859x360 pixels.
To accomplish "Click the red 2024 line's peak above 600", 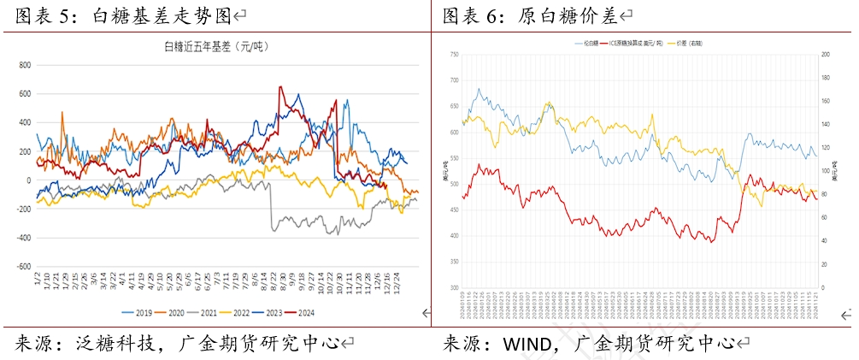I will [x=280, y=86].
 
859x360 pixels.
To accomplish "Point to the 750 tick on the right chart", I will [x=453, y=54].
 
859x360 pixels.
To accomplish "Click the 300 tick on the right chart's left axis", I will [x=453, y=287].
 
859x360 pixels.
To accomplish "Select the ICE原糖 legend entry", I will [x=637, y=42].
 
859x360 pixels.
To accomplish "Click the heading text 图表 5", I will [x=44, y=15].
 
